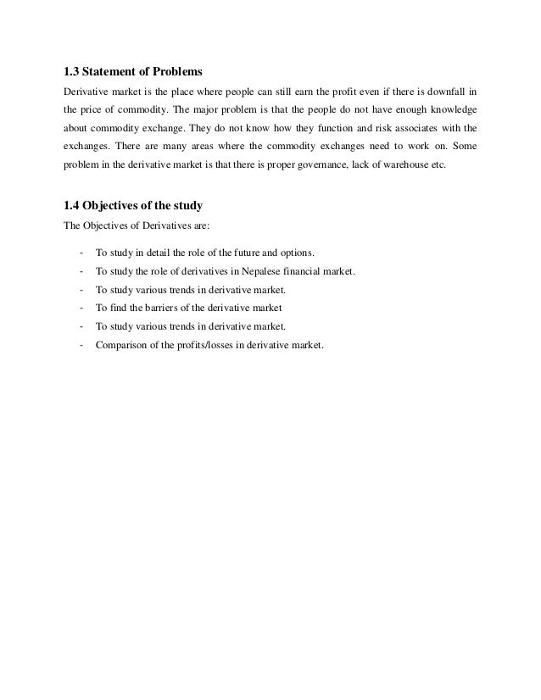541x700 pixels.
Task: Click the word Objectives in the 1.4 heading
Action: pos(115,204)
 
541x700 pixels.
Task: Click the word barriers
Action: pos(166,308)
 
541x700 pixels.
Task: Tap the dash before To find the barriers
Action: pos(80,308)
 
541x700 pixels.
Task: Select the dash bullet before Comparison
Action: pos(80,344)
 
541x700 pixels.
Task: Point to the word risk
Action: pos(378,128)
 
